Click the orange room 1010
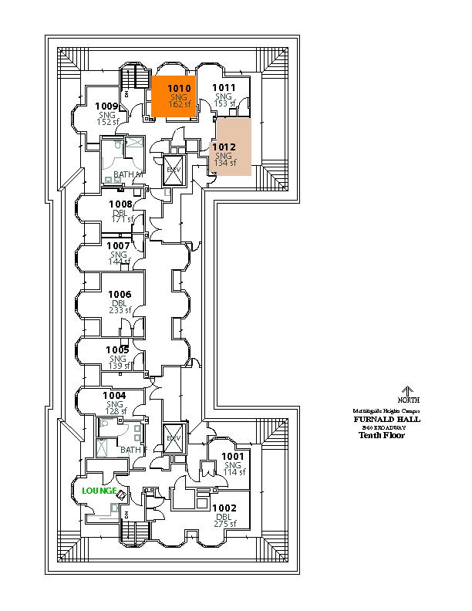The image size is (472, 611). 174,96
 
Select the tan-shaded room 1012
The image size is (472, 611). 233,147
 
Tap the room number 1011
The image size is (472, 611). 224,88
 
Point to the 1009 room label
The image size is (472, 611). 106,106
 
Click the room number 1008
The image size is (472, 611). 120,204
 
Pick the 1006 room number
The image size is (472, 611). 120,294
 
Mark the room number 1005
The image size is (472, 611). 118,349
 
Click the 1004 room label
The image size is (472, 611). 115,396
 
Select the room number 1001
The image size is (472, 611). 233,456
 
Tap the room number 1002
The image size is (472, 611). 226,508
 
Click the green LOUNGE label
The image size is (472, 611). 99,491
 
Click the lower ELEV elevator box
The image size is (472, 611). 173,438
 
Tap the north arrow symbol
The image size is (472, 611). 409,391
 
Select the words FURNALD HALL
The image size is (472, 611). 386,420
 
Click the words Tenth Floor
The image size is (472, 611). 381,435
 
